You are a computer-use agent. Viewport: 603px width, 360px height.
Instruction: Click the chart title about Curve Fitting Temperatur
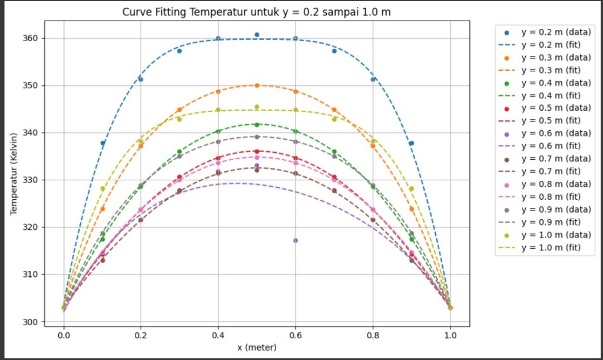pyautogui.click(x=257, y=12)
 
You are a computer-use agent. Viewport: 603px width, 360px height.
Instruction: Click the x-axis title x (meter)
pyautogui.click(x=257, y=348)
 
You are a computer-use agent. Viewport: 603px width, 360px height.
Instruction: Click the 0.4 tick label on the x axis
pyautogui.click(x=218, y=333)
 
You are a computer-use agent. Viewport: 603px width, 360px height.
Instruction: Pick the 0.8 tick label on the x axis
pyautogui.click(x=373, y=333)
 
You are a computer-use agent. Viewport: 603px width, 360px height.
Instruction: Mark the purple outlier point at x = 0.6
pyautogui.click(x=296, y=240)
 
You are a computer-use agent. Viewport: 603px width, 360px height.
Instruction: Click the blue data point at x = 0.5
pyautogui.click(x=257, y=35)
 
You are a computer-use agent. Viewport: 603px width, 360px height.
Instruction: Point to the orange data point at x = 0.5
pyautogui.click(x=257, y=85)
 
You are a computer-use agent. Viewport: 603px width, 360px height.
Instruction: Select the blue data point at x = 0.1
pyautogui.click(x=102, y=143)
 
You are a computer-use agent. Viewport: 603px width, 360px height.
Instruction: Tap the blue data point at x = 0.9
pyautogui.click(x=412, y=143)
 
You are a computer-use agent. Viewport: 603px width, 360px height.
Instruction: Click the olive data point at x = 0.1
pyautogui.click(x=102, y=189)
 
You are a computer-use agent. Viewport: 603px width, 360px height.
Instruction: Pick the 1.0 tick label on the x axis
pyautogui.click(x=450, y=333)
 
